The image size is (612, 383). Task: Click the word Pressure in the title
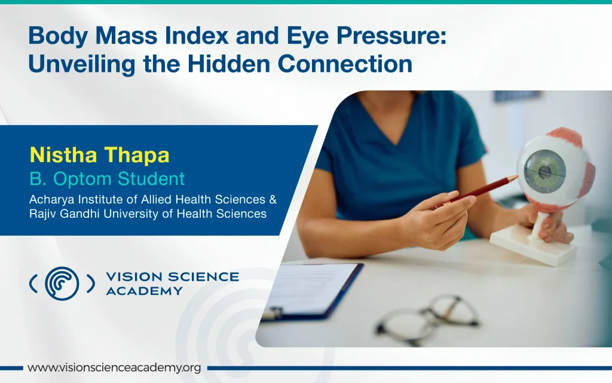click(x=391, y=36)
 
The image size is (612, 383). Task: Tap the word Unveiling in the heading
click(x=82, y=65)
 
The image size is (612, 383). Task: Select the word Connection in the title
click(x=345, y=64)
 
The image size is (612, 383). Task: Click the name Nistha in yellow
click(x=63, y=155)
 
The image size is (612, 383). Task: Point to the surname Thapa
click(x=137, y=156)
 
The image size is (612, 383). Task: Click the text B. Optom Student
click(x=108, y=179)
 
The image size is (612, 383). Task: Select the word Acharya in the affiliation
click(x=52, y=200)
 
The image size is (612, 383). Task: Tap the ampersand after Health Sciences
click(x=273, y=199)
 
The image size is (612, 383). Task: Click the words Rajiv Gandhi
click(x=65, y=214)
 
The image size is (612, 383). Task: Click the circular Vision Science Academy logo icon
click(x=62, y=284)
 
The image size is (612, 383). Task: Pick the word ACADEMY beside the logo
click(x=145, y=291)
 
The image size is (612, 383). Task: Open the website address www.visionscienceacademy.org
click(x=114, y=368)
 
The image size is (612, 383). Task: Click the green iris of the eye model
click(x=545, y=171)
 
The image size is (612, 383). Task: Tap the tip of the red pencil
click(x=517, y=177)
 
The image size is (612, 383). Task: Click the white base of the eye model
click(x=534, y=245)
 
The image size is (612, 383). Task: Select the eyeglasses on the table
click(x=427, y=318)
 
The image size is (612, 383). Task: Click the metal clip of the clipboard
click(x=273, y=313)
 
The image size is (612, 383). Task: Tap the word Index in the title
click(x=196, y=36)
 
